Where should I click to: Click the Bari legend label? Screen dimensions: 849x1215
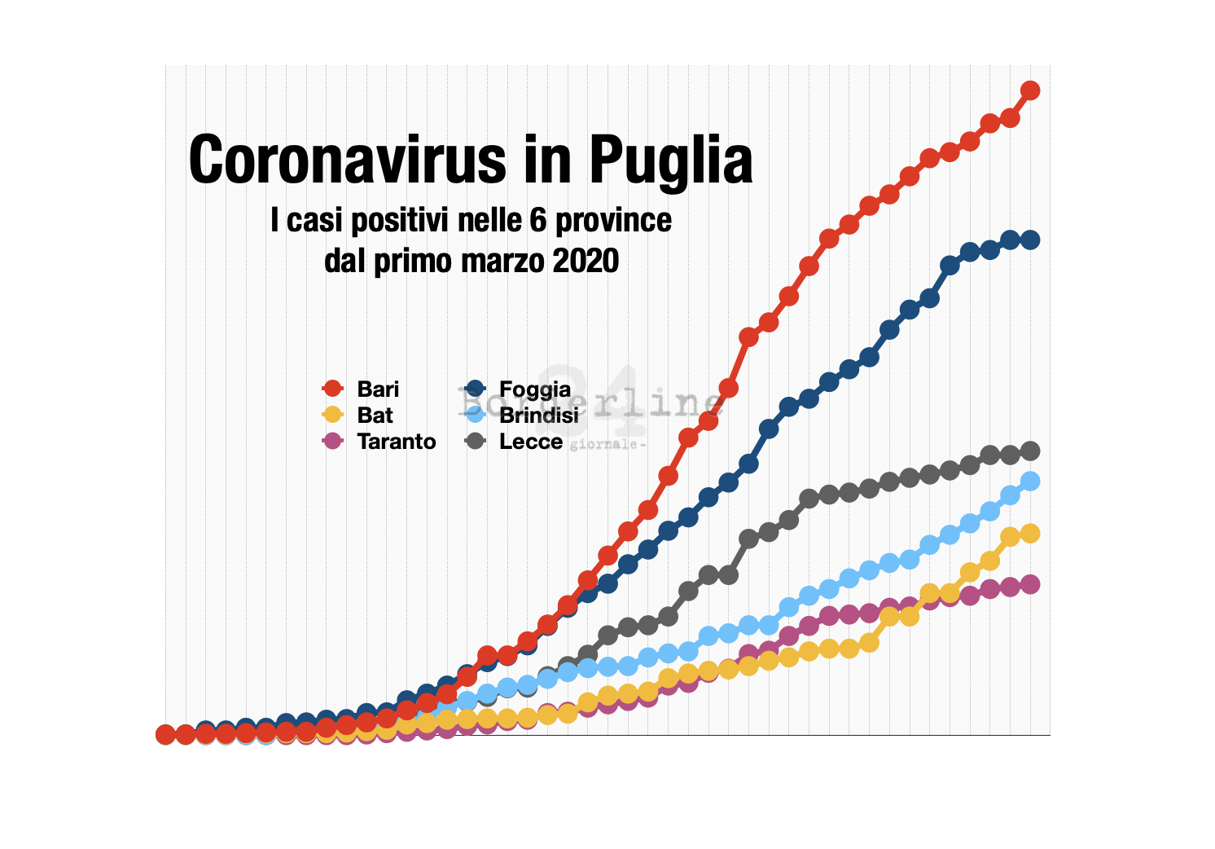[x=378, y=389]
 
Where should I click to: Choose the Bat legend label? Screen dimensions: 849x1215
[x=375, y=415]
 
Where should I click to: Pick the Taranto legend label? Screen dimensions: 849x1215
[x=397, y=441]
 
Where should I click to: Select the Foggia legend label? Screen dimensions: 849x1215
[x=535, y=389]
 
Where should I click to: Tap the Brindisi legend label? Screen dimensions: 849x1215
[x=539, y=415]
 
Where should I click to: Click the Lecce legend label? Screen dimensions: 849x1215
[x=531, y=441]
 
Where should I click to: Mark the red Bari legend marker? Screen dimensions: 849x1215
[x=332, y=389]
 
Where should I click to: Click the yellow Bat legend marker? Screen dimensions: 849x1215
[x=332, y=415]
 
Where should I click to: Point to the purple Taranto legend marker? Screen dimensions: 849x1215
[x=332, y=441]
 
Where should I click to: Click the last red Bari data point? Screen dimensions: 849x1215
[x=1030, y=90]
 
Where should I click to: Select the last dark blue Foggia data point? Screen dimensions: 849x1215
[x=1030, y=240]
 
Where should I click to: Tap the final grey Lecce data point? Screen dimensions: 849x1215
[x=1030, y=451]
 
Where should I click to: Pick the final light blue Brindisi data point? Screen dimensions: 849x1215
[x=1030, y=482]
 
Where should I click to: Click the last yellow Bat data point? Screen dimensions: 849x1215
[x=1030, y=533]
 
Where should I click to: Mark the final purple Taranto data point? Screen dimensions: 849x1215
[x=1030, y=584]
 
